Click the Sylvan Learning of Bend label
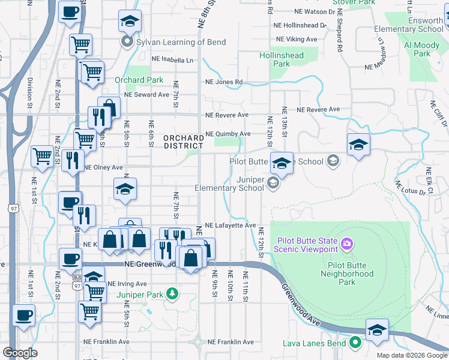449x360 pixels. click(173, 42)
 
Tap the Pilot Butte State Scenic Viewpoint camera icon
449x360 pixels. click(346, 244)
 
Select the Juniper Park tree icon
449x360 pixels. click(173, 293)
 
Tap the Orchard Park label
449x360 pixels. click(139, 80)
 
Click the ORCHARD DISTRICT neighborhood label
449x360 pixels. click(183, 142)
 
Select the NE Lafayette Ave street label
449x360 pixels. click(231, 225)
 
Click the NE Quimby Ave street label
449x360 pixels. click(228, 134)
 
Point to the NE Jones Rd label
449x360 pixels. click(224, 82)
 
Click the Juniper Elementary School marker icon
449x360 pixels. click(273, 183)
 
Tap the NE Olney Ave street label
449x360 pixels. click(103, 167)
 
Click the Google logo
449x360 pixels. click(20, 353)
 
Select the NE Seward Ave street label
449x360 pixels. click(146, 95)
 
